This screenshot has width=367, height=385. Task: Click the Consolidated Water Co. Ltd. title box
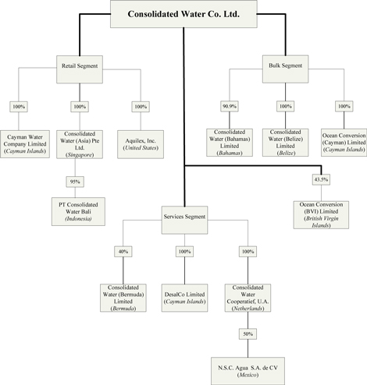(x=183, y=14)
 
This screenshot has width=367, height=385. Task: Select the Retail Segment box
(x=80, y=69)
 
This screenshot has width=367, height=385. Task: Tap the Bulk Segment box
(x=285, y=69)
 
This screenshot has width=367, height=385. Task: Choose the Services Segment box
(x=184, y=220)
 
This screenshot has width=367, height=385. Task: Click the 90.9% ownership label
(x=230, y=106)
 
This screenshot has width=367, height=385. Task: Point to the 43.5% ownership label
(x=321, y=179)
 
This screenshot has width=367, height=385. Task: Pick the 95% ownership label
(x=75, y=182)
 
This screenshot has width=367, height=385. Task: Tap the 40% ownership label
(x=123, y=252)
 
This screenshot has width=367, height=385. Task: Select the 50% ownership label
(x=248, y=334)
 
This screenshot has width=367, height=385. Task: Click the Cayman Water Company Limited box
(x=25, y=144)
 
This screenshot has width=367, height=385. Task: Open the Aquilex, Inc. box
(x=141, y=144)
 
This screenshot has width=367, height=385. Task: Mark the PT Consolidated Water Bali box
(x=78, y=211)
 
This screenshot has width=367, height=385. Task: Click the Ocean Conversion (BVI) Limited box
(x=321, y=215)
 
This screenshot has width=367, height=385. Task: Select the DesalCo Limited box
(x=184, y=298)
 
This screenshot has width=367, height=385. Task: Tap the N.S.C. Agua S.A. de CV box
(x=248, y=371)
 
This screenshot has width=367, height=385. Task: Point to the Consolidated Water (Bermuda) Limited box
(x=123, y=298)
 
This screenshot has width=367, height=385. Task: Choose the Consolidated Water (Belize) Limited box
(x=285, y=143)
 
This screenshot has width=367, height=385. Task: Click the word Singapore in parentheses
(x=80, y=155)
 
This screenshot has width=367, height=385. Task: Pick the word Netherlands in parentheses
(x=248, y=309)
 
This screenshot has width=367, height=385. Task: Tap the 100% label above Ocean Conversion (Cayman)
(x=344, y=106)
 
